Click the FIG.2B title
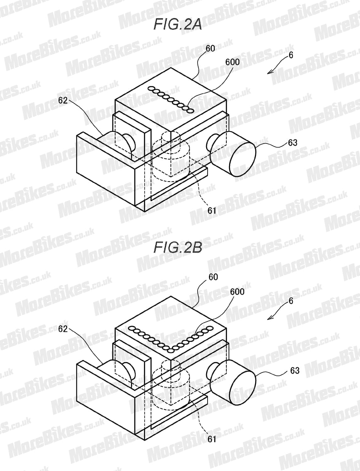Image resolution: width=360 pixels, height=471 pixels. (178, 248)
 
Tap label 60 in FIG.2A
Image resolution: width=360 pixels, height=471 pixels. (210, 48)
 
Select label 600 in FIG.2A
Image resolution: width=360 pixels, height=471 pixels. (232, 62)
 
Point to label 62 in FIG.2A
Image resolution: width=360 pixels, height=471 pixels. (63, 100)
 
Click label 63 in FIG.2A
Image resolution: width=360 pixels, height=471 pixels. (292, 143)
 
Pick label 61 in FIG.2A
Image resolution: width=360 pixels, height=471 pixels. (212, 210)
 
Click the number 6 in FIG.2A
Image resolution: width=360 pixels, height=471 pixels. (291, 55)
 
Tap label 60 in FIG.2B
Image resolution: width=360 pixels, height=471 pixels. (213, 277)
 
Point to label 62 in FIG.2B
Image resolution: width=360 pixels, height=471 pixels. (63, 329)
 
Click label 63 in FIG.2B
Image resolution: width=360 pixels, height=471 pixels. (295, 371)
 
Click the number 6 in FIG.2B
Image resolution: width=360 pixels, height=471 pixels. (291, 301)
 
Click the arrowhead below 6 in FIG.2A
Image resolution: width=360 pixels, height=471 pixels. (270, 72)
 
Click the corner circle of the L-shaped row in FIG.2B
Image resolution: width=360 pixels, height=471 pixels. (171, 351)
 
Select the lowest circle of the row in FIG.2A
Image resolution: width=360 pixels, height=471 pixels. (190, 111)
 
